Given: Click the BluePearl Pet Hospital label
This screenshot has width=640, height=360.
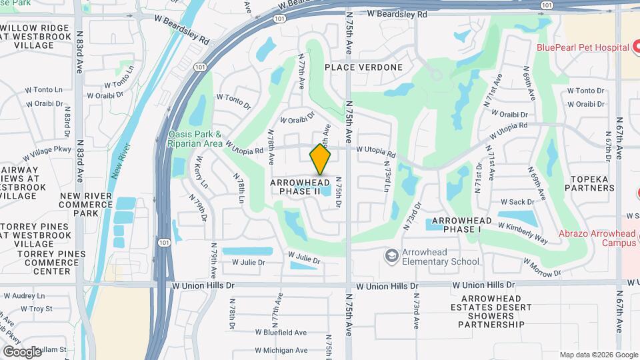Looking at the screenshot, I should click(583, 47).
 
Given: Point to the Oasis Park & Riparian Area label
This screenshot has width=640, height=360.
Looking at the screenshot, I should click(195, 138).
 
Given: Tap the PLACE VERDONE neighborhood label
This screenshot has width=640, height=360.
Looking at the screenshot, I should click(364, 67).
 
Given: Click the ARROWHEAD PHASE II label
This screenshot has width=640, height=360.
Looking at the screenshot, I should click(299, 186).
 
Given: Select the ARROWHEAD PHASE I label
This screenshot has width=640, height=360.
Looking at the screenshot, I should click(462, 225).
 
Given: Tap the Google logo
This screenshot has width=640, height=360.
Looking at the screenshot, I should click(22, 351).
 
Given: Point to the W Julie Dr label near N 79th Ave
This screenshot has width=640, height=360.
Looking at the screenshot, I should click(248, 263).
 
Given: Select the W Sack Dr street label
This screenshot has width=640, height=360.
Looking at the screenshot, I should click(517, 201).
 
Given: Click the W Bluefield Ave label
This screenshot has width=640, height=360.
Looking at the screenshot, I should click(280, 332).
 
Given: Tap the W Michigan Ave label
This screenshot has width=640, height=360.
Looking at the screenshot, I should click(281, 350).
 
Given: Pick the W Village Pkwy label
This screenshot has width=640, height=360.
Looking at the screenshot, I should click(47, 153).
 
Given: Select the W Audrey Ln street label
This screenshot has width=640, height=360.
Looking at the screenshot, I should click(24, 296).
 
